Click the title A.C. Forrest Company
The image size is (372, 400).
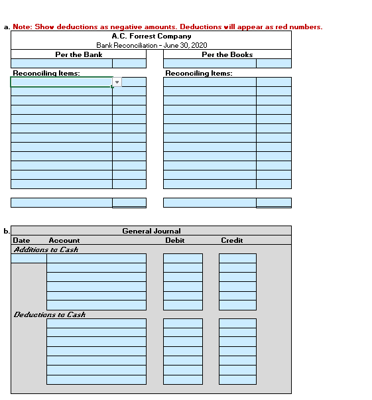[151, 36]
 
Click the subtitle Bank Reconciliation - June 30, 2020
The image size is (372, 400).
[151, 45]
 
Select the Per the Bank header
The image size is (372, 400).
[78, 54]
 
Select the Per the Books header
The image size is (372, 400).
[227, 54]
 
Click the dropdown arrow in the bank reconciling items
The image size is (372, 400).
[117, 82]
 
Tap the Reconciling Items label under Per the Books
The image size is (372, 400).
[199, 73]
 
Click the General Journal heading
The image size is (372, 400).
[151, 231]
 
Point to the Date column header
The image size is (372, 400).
[21, 240]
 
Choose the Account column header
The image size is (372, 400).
[64, 240]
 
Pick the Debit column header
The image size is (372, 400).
[175, 240]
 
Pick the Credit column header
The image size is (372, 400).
[231, 240]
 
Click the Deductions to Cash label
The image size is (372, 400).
[50, 314]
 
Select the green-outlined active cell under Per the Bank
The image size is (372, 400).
[61, 82]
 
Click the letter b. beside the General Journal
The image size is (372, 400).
[6, 231]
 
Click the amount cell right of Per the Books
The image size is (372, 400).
[273, 64]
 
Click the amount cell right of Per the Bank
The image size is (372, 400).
[129, 64]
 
